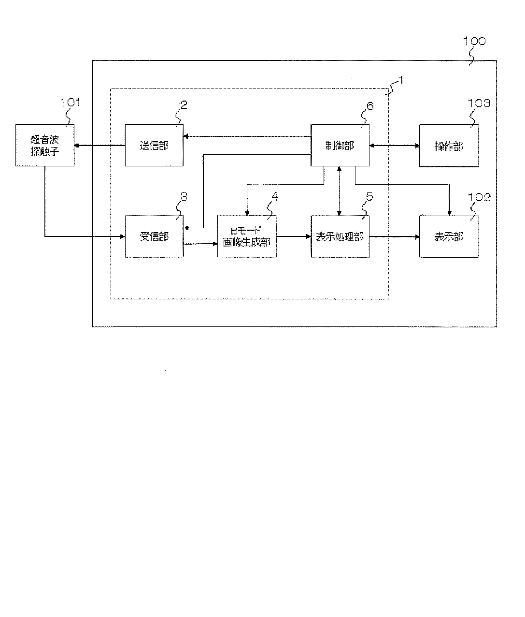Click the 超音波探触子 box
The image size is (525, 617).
pos(45,145)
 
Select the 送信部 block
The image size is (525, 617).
pos(154,145)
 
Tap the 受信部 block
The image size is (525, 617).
pos(154,236)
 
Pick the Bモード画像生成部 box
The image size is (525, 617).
pos(247,236)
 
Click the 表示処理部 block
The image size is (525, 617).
pos(340,236)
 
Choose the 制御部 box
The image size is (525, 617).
pos(340,145)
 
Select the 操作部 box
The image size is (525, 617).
pos(449,145)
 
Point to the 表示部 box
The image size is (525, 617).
pos(449,236)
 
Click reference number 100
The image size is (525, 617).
pos(474,42)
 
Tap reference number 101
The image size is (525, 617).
pos(71,103)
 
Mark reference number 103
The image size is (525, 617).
pos(479,103)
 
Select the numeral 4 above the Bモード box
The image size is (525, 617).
pos(274,197)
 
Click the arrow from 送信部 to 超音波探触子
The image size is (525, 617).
pos(99,145)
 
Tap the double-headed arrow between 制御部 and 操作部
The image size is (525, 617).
pos(394,145)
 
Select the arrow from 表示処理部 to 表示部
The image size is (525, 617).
pos(394,236)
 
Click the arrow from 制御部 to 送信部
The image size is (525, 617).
pos(246,136)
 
